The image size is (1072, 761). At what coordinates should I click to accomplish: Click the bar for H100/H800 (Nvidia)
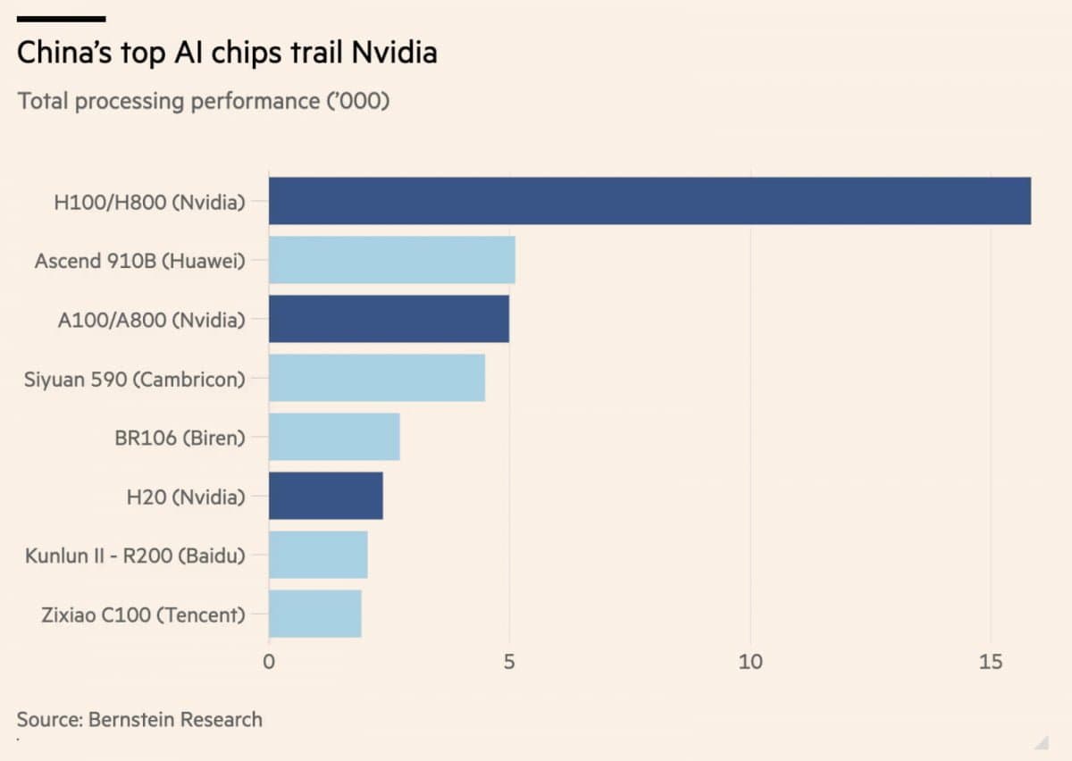pyautogui.click(x=649, y=201)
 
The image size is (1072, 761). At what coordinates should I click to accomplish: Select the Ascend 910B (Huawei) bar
pyautogui.click(x=391, y=260)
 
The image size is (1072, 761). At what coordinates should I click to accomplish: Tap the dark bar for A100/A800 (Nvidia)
pyautogui.click(x=389, y=319)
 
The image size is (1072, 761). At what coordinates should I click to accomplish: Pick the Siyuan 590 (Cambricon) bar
pyautogui.click(x=376, y=378)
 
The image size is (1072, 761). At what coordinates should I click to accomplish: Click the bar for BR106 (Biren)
pyautogui.click(x=334, y=437)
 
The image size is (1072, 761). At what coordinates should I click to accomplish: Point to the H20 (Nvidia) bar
pyautogui.click(x=325, y=496)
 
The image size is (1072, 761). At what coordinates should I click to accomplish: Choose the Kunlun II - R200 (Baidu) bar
pyautogui.click(x=318, y=555)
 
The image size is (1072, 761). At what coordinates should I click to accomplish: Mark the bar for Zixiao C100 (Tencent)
pyautogui.click(x=314, y=614)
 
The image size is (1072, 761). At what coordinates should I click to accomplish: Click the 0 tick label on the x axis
pyautogui.click(x=269, y=662)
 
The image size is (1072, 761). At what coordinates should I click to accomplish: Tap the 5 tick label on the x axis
pyautogui.click(x=509, y=662)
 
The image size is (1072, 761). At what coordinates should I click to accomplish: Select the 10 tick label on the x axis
pyautogui.click(x=750, y=662)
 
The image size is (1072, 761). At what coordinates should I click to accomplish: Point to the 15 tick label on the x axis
pyautogui.click(x=990, y=662)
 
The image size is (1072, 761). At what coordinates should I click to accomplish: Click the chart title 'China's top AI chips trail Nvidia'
pyautogui.click(x=227, y=53)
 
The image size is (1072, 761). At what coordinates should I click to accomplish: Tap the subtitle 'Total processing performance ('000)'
pyautogui.click(x=204, y=100)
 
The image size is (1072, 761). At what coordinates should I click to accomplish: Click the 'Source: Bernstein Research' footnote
pyautogui.click(x=139, y=719)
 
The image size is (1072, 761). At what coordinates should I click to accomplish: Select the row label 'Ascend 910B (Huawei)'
pyautogui.click(x=139, y=261)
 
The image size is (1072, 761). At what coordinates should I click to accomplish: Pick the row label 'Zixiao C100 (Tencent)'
pyautogui.click(x=143, y=615)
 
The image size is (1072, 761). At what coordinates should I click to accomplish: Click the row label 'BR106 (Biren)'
pyautogui.click(x=180, y=438)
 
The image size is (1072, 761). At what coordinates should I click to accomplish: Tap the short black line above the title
pyautogui.click(x=62, y=18)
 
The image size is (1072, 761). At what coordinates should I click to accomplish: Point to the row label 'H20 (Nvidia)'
pyautogui.click(x=186, y=497)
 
